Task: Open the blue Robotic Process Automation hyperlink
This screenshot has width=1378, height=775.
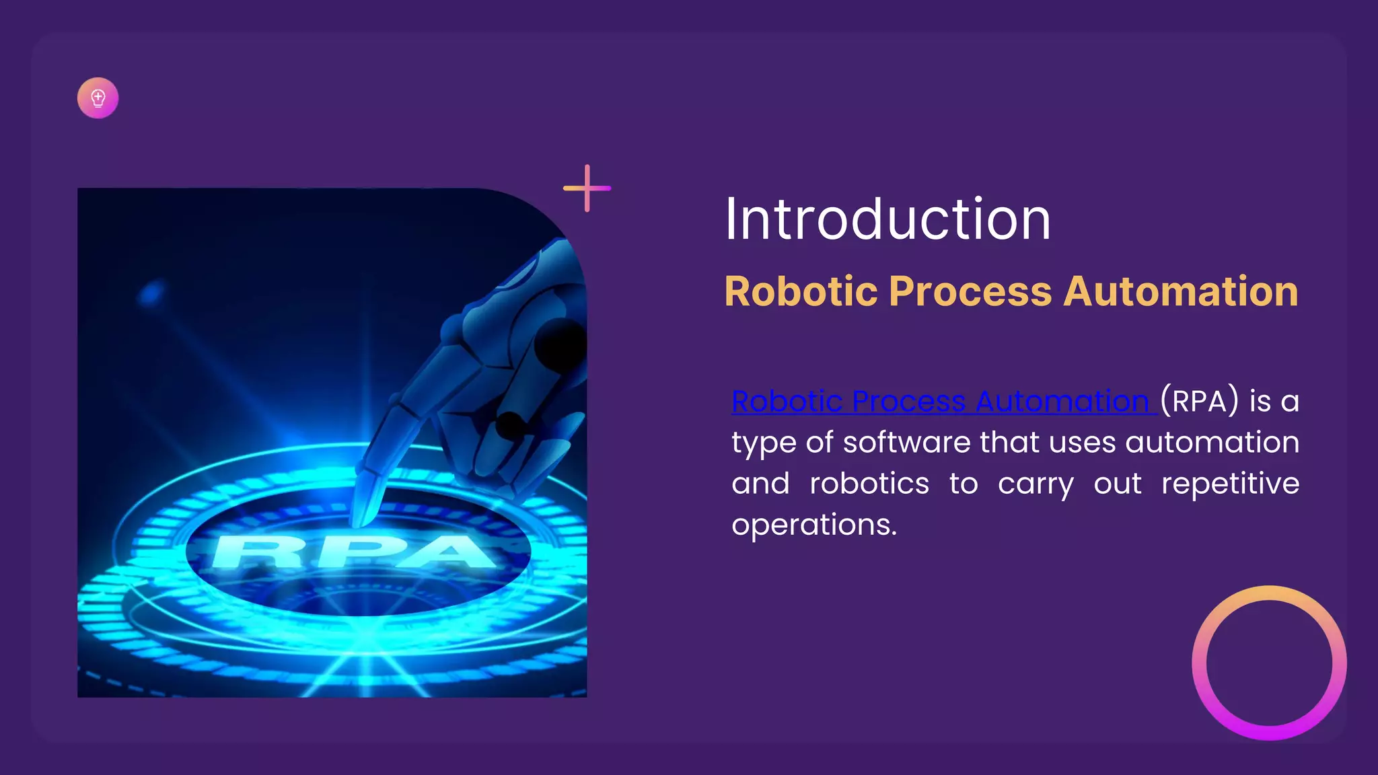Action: [x=942, y=402]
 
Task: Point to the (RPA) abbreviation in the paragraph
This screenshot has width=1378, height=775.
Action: [x=1199, y=402]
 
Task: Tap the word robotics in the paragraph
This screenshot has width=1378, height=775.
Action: [x=869, y=484]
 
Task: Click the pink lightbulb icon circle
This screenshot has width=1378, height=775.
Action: [x=98, y=98]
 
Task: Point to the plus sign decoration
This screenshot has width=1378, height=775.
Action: [x=587, y=188]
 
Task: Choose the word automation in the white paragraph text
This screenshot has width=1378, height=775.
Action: [x=1212, y=443]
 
